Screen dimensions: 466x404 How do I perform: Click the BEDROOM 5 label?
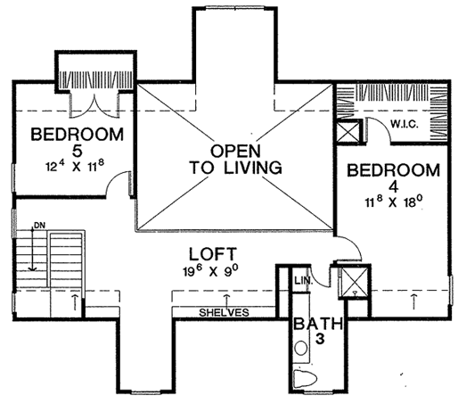[x=77, y=143]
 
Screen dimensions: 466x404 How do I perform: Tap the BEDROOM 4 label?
[x=394, y=177]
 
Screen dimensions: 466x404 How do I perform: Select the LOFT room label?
[x=213, y=254]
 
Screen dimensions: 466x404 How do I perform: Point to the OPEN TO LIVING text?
[x=235, y=160]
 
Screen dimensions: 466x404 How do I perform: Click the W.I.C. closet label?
[x=405, y=124]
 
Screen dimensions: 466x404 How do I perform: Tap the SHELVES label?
[x=224, y=312]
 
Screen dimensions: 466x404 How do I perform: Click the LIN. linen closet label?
[x=304, y=280]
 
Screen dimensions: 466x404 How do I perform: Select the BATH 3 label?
[x=318, y=331]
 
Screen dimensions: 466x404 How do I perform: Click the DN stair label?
[x=39, y=226]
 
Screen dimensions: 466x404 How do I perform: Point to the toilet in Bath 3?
[x=306, y=379]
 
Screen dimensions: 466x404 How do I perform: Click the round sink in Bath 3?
[x=301, y=348]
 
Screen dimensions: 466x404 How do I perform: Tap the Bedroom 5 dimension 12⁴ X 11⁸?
[x=75, y=166]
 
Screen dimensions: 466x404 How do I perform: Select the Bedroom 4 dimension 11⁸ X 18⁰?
[x=394, y=202]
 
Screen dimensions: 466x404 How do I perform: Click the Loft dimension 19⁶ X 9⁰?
[x=211, y=271]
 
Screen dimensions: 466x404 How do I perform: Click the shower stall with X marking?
[x=355, y=281]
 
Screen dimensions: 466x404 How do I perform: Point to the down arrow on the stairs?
[x=32, y=249]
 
